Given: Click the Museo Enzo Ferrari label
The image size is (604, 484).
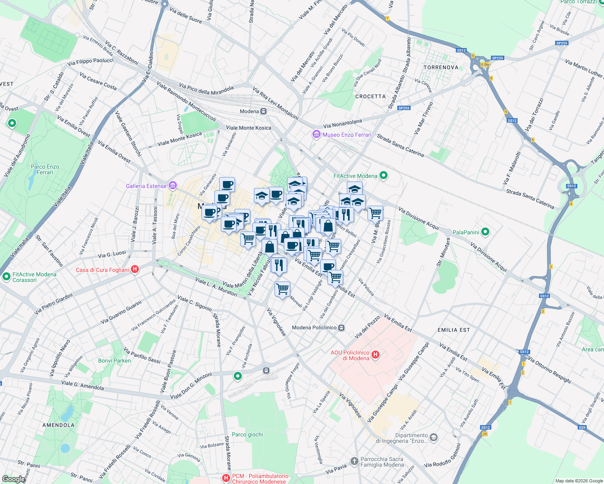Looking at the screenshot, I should (347, 135).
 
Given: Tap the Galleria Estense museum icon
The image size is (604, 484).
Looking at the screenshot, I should (173, 186).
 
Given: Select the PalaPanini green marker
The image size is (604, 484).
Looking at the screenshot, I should (485, 232).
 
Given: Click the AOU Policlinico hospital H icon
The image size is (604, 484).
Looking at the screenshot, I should (375, 355).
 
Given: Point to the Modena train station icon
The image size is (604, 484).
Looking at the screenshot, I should (263, 111).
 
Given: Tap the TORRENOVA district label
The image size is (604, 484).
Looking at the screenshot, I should (441, 67).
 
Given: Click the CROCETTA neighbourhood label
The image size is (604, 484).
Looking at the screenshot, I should (370, 96).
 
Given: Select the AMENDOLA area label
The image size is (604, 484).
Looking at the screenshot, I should (59, 425).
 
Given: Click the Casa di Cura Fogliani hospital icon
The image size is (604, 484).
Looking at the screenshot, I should (135, 269).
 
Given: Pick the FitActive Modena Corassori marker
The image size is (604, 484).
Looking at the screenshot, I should (6, 277).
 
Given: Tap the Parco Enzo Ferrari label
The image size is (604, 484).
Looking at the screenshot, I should (45, 169).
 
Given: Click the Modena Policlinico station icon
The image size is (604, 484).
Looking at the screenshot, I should (342, 328).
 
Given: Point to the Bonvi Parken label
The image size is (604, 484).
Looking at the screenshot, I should (115, 361).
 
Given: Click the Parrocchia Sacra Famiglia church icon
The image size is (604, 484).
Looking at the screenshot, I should (354, 461).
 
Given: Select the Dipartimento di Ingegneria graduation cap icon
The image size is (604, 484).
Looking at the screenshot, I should (434, 437).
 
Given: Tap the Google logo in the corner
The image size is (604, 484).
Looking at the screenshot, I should (13, 479).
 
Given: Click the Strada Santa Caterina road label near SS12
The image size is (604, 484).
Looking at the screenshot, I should (530, 199).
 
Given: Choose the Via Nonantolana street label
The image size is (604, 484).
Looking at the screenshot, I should (342, 123).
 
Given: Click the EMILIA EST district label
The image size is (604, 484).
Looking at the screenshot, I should (453, 330).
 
